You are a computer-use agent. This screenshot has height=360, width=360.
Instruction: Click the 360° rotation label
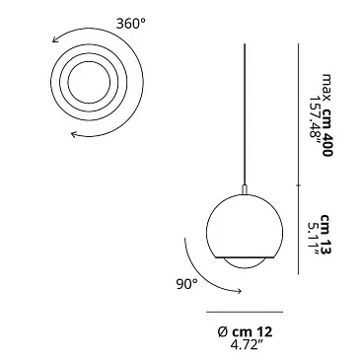pyautogui.click(x=130, y=24)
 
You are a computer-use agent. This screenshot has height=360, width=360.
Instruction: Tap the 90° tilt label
pyautogui.click(x=187, y=284)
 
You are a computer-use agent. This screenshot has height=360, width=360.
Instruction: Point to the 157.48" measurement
pyautogui.click(x=315, y=121)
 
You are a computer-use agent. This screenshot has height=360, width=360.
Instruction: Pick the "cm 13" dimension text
pyautogui.click(x=326, y=234)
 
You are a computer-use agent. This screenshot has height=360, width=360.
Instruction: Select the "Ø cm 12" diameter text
pyautogui.click(x=245, y=332)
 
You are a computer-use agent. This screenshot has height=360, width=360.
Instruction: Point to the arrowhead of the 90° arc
pyautogui.click(x=240, y=291)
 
